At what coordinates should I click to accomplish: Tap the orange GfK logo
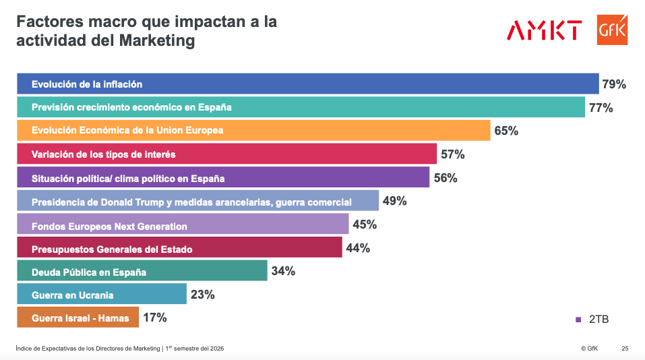tap(612, 30)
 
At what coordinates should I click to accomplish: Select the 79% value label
tap(614, 84)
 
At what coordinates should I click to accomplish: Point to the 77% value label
tap(600, 108)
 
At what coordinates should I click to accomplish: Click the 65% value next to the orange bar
tap(505, 131)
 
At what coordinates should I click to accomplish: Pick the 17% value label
tap(154, 318)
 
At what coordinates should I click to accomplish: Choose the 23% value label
tap(202, 294)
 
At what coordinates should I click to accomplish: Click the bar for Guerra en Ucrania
tap(101, 295)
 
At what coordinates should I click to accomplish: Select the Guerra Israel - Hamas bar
tap(78, 318)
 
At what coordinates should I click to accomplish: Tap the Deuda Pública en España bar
tap(142, 271)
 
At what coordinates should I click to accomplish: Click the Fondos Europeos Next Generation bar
tap(182, 224)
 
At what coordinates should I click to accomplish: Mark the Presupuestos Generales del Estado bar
tap(179, 248)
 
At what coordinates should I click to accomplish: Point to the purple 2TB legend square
tap(578, 319)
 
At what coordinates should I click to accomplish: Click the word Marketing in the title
tap(156, 40)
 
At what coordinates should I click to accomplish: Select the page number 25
tap(625, 349)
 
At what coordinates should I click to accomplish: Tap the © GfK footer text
tap(589, 349)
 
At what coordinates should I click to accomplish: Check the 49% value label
tap(395, 201)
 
